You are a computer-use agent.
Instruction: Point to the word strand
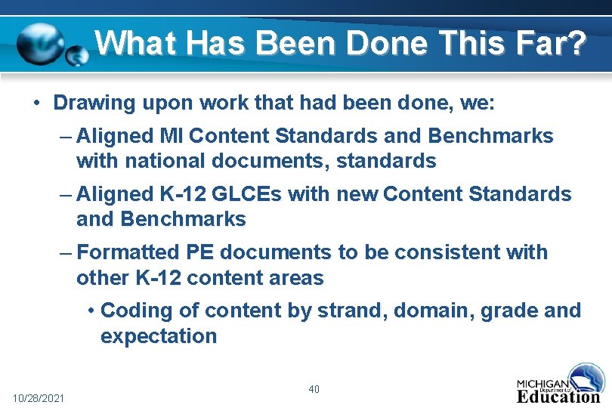(x=348, y=310)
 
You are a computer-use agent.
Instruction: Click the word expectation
(x=159, y=336)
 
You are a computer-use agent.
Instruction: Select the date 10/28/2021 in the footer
(x=39, y=397)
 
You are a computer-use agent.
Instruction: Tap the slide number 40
(x=314, y=389)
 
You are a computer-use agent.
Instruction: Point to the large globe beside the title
(x=41, y=43)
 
